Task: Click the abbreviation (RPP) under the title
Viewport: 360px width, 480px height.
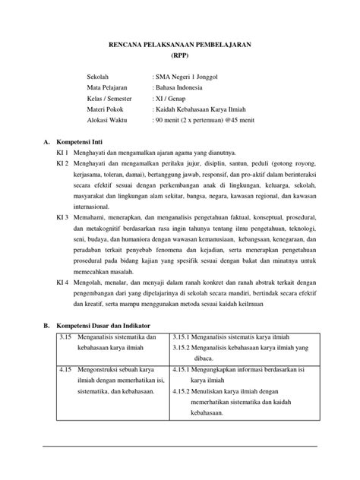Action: [x=180, y=56]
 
